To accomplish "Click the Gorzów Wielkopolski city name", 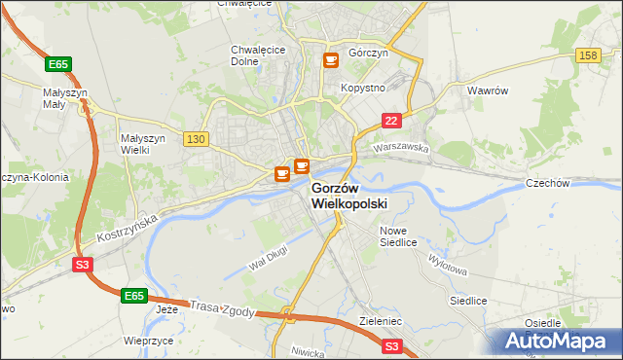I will (349, 196).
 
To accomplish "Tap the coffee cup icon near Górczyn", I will (331, 60).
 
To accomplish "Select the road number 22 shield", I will (390, 120).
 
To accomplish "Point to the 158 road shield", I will (587, 56).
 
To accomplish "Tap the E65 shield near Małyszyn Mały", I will (58, 64).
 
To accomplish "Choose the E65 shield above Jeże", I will (135, 294).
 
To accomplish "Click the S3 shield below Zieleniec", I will (391, 345).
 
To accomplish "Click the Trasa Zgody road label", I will (224, 307).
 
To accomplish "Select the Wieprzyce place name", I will (149, 342).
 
